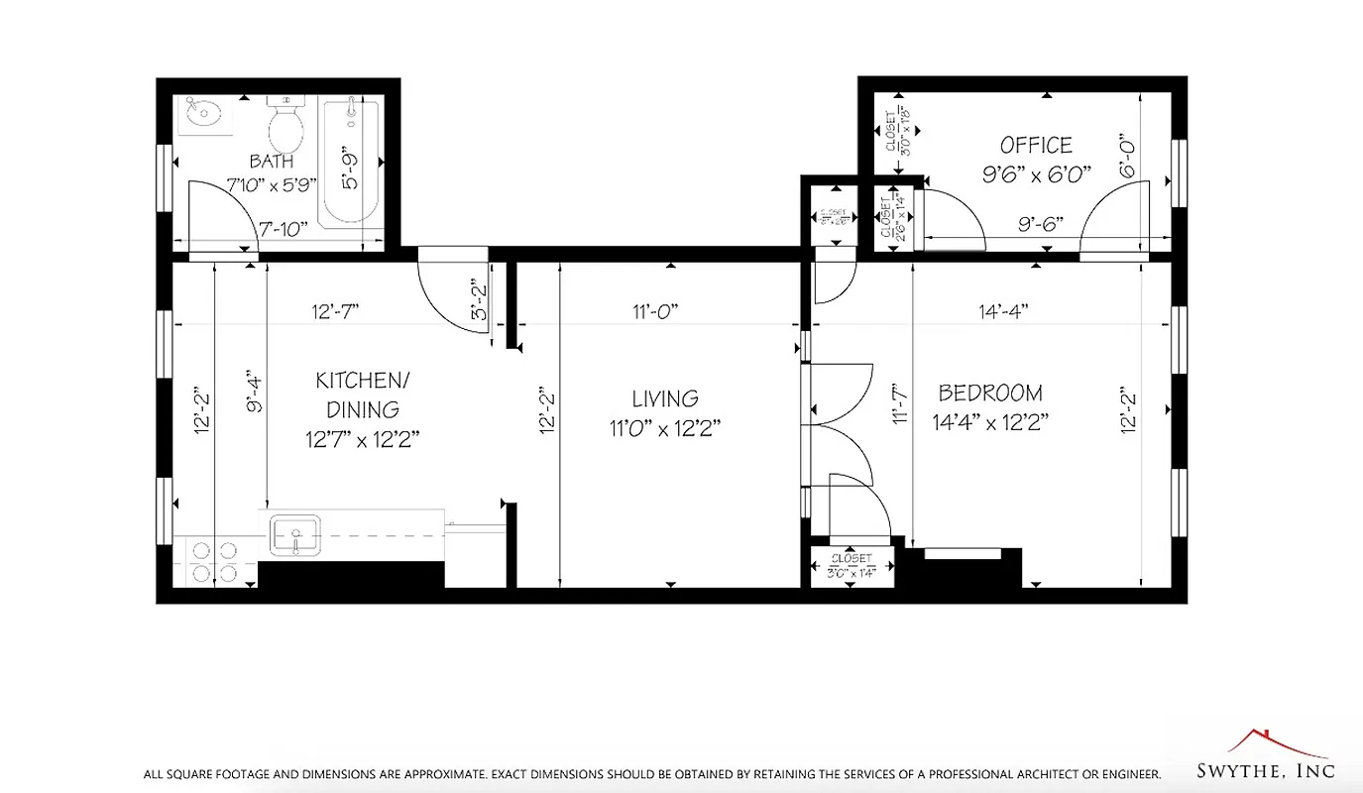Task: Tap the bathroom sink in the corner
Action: click(205, 117)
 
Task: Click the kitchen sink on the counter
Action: click(294, 536)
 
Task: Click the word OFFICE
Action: click(1036, 146)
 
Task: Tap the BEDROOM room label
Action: click(990, 393)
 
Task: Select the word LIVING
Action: click(665, 398)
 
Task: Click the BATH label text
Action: click(271, 161)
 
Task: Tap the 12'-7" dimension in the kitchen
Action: click(335, 311)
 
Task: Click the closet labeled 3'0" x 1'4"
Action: click(852, 566)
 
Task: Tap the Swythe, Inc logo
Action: click(1281, 757)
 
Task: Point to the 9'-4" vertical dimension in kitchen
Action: click(255, 392)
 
